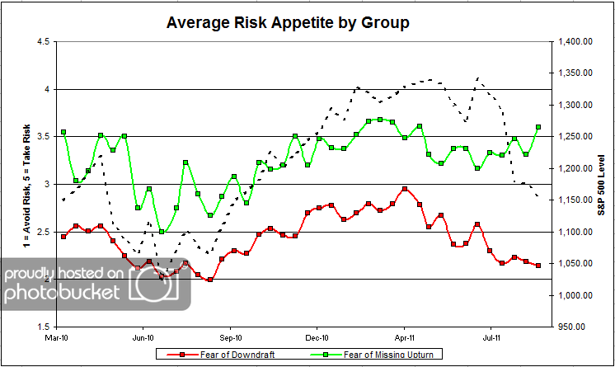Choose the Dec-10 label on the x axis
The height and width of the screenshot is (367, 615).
(317, 336)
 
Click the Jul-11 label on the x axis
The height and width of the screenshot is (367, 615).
(492, 336)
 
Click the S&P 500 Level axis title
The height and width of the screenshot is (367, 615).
(602, 183)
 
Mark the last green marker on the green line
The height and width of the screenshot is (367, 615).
(538, 127)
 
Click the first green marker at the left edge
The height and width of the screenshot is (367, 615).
(63, 132)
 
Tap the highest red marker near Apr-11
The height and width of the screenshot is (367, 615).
(405, 189)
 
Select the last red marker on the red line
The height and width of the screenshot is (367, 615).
(538, 265)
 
